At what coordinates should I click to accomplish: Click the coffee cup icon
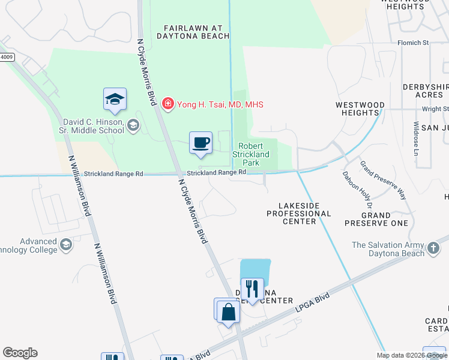point(201,143)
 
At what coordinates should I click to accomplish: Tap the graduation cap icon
point(115,100)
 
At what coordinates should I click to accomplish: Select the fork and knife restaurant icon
point(252,289)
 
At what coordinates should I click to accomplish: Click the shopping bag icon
point(228,311)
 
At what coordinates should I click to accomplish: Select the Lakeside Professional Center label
point(299,214)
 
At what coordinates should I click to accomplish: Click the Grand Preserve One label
point(376,219)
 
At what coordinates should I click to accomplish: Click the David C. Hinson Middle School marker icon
point(133,125)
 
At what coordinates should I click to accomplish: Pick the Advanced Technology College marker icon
point(65,245)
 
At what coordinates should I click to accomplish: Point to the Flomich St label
point(412,43)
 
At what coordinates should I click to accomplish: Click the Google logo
point(20,353)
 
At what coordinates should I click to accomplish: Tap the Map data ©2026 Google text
point(411,355)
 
